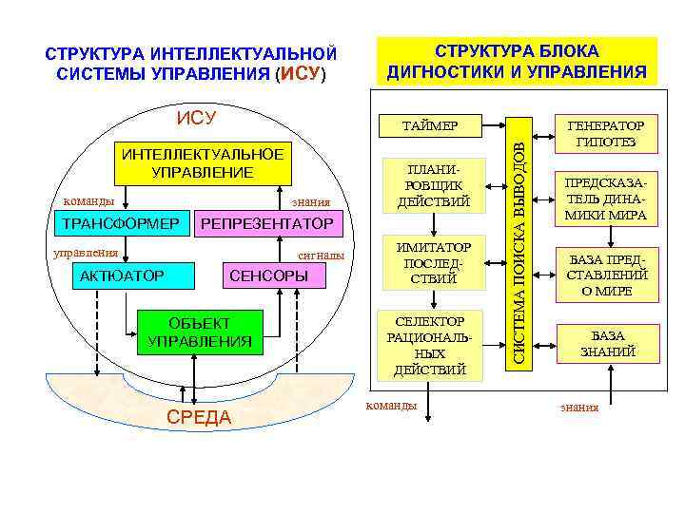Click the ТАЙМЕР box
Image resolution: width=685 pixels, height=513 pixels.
[430, 126]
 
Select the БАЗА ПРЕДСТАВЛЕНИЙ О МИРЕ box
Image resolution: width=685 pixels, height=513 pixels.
[607, 275]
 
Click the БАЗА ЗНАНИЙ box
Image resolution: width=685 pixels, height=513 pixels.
[607, 344]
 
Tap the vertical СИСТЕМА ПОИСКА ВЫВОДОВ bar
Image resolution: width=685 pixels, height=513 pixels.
[518, 245]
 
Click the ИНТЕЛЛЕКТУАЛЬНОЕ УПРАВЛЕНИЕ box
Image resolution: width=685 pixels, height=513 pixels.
[202, 163]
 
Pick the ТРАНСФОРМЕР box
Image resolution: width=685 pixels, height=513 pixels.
[120, 224]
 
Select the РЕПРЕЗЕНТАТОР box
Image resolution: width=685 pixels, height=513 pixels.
[264, 224]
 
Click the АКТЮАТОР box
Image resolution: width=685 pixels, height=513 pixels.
[122, 275]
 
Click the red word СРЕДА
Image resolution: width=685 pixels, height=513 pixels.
[198, 418]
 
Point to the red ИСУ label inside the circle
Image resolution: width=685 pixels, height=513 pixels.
[196, 118]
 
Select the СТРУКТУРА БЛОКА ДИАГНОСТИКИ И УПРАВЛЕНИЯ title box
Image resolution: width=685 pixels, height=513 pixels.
[517, 61]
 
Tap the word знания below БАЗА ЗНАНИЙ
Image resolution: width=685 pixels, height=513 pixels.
[579, 408]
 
